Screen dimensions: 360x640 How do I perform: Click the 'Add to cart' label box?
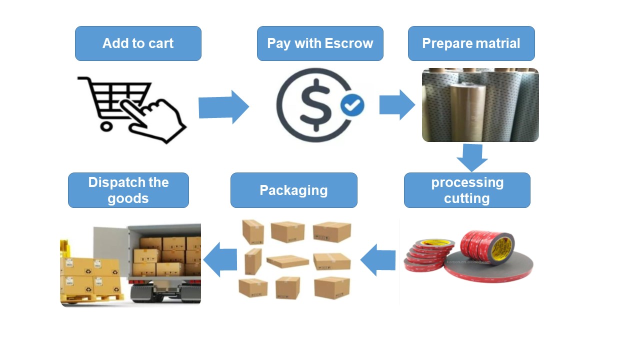click(138, 43)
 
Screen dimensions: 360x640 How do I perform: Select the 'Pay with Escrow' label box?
click(320, 43)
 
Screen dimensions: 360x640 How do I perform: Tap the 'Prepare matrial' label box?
click(471, 43)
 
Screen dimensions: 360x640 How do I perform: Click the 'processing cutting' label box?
click(467, 190)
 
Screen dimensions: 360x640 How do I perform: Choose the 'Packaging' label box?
click(293, 190)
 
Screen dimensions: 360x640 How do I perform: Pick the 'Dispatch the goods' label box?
click(128, 190)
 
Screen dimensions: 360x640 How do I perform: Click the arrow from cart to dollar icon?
click(223, 107)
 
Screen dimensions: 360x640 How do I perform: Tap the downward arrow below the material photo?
click(472, 157)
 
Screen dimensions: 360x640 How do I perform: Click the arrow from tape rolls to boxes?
click(378, 259)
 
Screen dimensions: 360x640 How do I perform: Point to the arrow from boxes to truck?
click(220, 259)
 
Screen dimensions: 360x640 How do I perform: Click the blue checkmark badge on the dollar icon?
click(352, 104)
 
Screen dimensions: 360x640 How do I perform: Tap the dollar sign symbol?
click(315, 105)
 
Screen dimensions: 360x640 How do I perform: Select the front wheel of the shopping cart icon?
click(106, 125)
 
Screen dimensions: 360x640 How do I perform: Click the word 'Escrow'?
click(349, 43)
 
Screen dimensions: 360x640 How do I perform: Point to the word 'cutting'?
click(467, 198)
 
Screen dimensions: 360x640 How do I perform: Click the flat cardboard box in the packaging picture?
click(287, 261)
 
